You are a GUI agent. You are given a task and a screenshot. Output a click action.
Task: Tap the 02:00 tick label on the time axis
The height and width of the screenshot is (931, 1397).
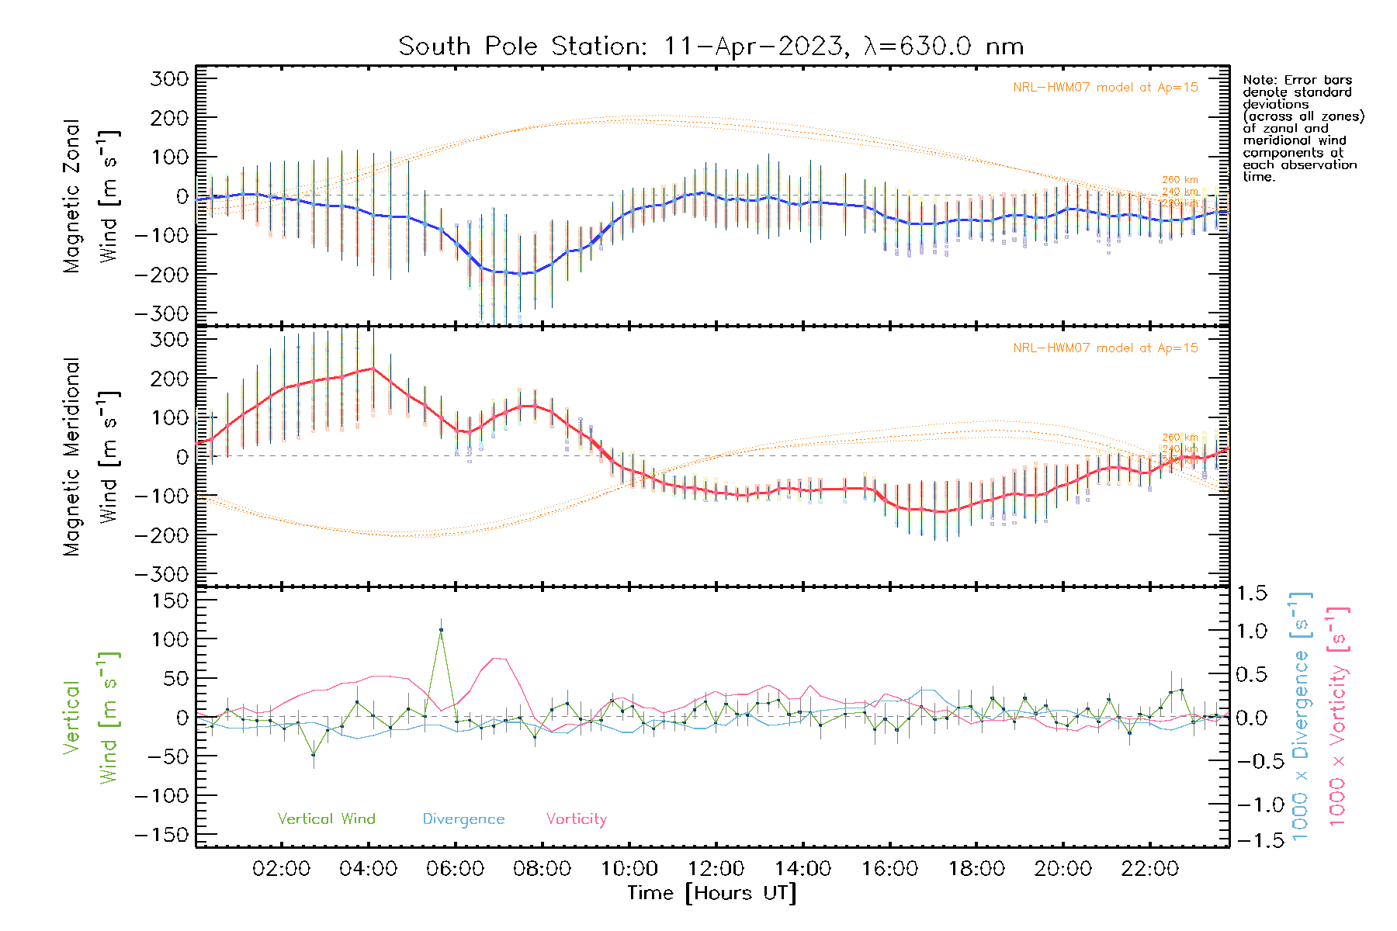(x=281, y=869)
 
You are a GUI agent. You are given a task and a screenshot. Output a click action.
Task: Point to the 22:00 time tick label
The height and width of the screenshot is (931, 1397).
(x=1150, y=869)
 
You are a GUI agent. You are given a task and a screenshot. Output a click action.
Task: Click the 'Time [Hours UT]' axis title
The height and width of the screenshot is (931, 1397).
(x=712, y=893)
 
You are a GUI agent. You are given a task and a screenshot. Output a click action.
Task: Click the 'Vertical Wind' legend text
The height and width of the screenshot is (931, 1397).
(x=326, y=819)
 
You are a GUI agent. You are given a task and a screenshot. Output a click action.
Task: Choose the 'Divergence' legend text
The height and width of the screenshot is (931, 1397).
(x=463, y=819)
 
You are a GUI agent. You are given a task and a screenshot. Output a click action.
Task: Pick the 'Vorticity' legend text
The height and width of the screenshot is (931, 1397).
(x=576, y=819)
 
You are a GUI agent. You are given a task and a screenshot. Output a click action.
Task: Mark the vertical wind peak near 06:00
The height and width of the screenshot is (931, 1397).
(x=441, y=630)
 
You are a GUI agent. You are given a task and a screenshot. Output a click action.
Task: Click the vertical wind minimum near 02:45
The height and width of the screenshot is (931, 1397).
(x=314, y=755)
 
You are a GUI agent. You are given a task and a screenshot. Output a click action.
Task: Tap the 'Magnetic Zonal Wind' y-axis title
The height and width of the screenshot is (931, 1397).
(x=92, y=196)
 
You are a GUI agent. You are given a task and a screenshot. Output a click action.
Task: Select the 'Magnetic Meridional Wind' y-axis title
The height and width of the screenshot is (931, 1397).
(x=92, y=456)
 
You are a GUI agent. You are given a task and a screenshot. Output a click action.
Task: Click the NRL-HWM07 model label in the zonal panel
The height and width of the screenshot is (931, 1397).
(x=1105, y=87)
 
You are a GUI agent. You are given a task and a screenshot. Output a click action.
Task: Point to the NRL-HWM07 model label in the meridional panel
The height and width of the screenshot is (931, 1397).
(x=1105, y=348)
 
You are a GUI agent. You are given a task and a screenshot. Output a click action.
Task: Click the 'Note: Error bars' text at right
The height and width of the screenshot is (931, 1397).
(x=1297, y=80)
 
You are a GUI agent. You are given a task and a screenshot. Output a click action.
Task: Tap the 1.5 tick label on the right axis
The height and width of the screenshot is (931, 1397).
(x=1251, y=594)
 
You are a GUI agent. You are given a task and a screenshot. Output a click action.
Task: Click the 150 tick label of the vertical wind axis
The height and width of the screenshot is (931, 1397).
(x=171, y=600)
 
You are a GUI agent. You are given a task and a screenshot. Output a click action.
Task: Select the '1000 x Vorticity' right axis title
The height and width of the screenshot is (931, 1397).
(x=1337, y=716)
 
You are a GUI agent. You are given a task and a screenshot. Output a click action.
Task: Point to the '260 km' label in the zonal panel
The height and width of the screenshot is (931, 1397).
(x=1180, y=180)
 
